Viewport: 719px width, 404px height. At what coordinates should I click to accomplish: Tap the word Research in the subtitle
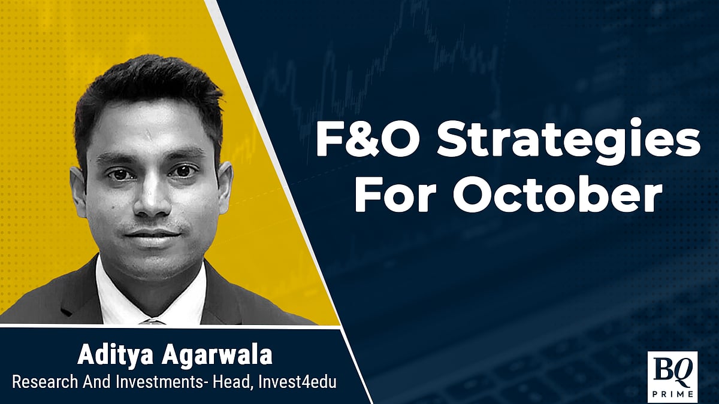[x=45, y=382]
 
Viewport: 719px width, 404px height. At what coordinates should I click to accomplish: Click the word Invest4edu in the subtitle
[x=297, y=382]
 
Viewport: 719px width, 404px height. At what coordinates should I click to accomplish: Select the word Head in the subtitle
[x=232, y=382]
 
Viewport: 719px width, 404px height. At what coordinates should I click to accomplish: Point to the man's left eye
[x=182, y=171]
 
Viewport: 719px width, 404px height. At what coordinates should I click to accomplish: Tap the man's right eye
[x=119, y=174]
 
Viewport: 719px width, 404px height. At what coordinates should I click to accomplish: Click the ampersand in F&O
[x=361, y=139]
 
